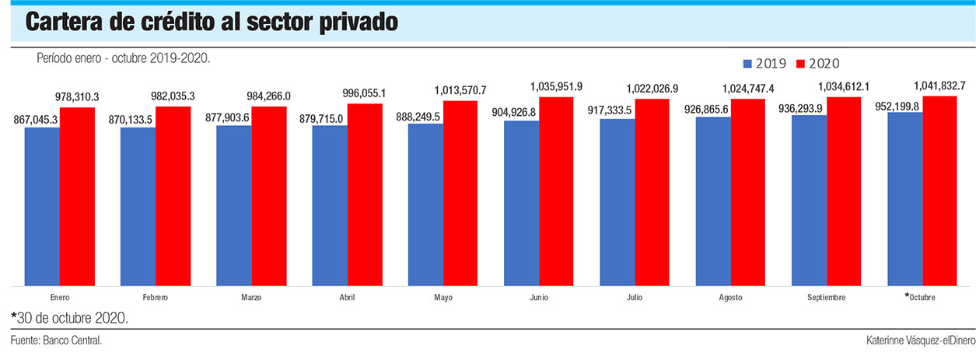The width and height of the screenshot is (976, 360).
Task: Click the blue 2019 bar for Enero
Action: click(42, 206)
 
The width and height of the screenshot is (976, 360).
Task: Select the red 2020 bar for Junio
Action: click(556, 191)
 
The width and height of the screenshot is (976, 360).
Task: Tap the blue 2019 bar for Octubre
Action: click(904, 199)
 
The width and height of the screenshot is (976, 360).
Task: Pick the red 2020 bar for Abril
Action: click(365, 194)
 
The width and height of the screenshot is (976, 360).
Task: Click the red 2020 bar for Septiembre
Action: click(844, 191)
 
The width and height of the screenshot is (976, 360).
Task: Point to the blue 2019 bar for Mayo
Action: click(425, 204)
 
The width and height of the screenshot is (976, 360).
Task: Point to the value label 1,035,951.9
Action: click(556, 86)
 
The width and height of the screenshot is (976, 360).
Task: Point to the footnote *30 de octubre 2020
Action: click(69, 318)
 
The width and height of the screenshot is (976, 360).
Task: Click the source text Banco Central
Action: click(73, 341)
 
